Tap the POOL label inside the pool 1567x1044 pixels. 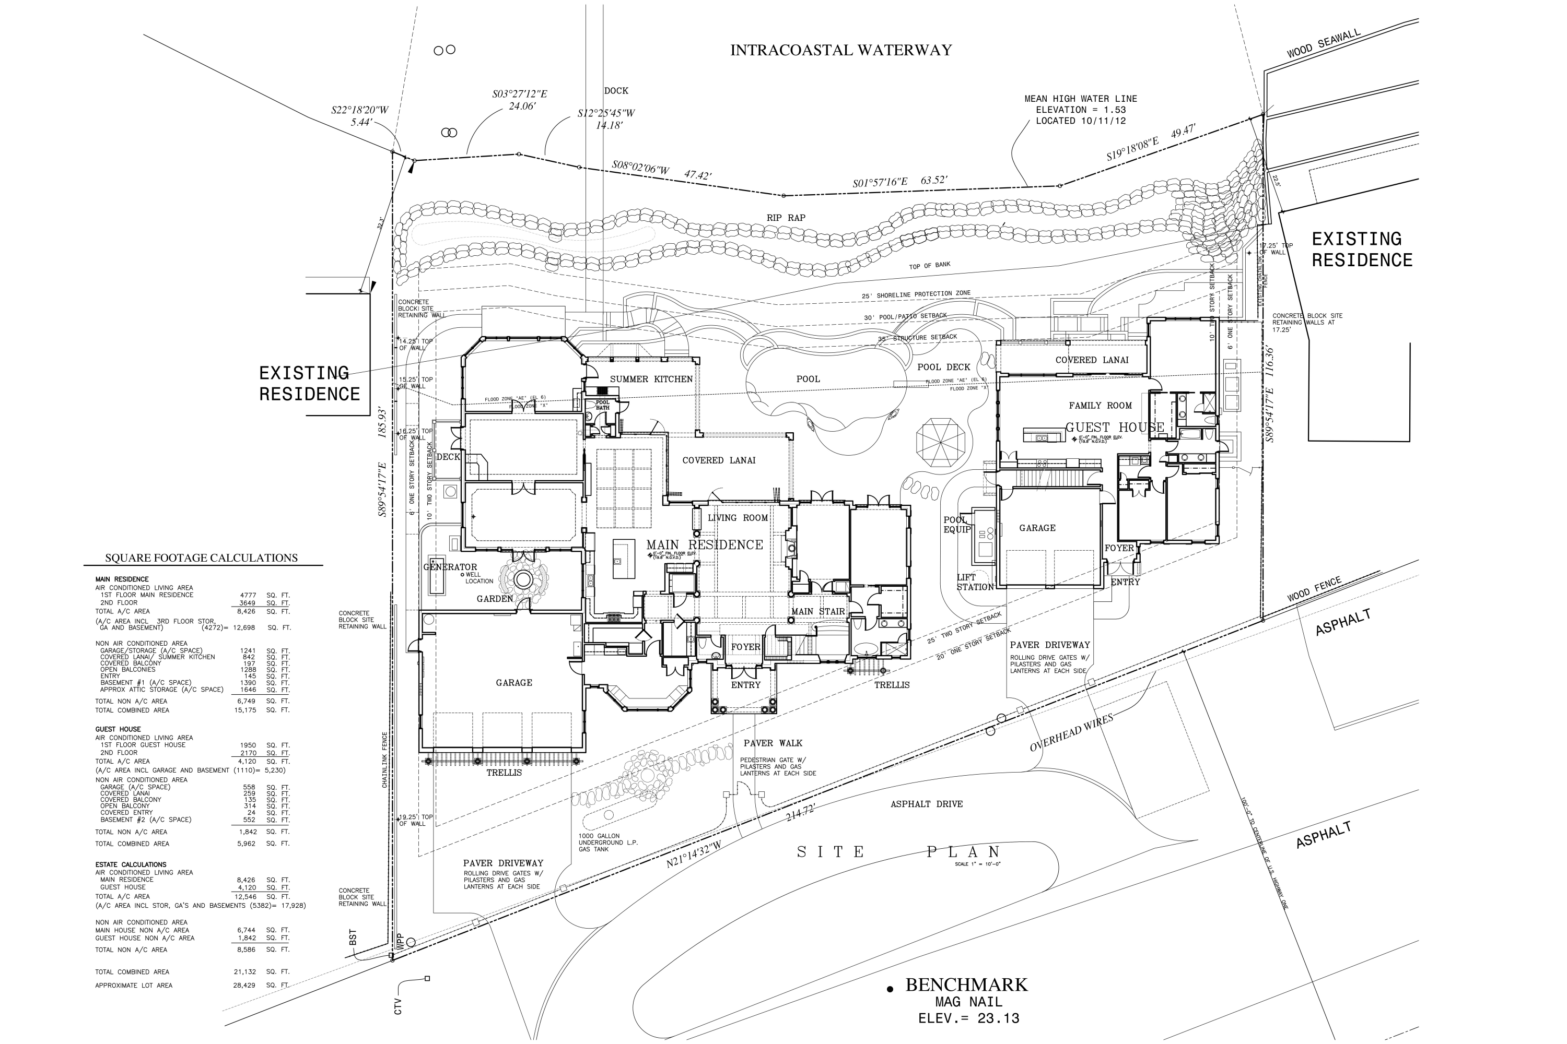pos(808,379)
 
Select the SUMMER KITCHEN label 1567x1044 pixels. pos(651,379)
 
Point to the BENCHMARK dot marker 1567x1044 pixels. pos(889,990)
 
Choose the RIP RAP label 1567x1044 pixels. pos(786,218)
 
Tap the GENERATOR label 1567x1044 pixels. pos(450,566)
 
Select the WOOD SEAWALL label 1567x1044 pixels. pos(1323,44)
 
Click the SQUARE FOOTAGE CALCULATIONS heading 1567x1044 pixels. pos(201,558)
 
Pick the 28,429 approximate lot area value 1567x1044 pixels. pos(244,986)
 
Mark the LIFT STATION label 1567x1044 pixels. pos(975,582)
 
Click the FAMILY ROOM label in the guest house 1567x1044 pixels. pos(1100,406)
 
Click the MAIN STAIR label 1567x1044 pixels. pos(817,611)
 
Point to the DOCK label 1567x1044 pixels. pos(616,90)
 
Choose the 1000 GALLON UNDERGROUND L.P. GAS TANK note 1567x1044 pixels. pos(607,843)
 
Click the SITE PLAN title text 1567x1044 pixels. pos(899,851)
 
